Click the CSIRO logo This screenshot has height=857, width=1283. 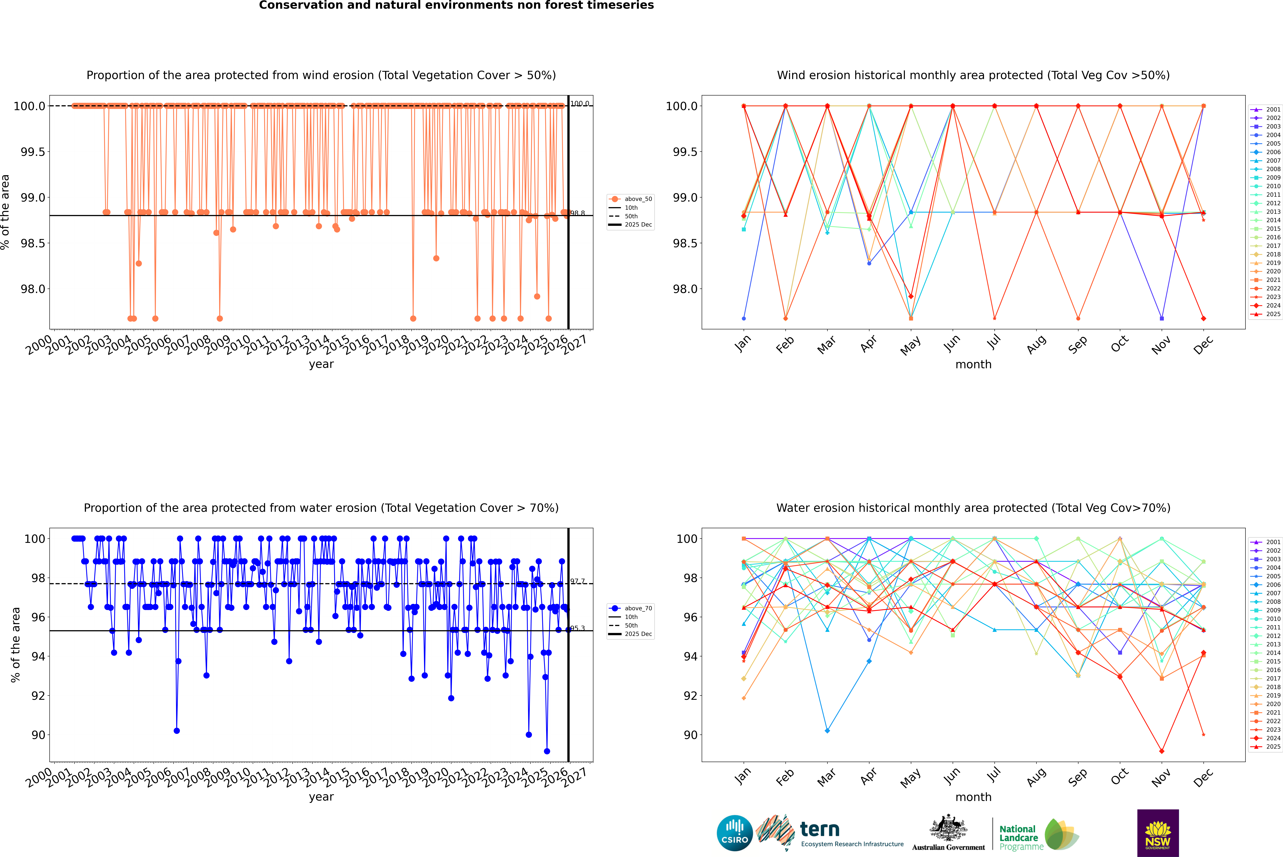tap(735, 833)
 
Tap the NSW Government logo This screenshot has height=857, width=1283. tap(1158, 833)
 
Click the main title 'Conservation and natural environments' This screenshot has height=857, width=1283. tap(456, 5)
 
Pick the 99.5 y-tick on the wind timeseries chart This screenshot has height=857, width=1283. tap(33, 152)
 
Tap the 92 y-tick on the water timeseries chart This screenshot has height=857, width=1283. tap(38, 696)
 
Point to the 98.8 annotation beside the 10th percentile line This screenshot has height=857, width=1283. tap(578, 213)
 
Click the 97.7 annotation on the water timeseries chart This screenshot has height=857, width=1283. tap(578, 582)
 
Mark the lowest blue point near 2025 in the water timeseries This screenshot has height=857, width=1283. tap(547, 751)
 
